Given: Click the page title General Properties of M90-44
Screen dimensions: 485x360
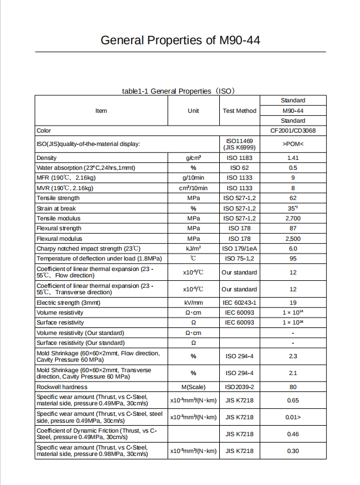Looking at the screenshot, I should tap(180, 40).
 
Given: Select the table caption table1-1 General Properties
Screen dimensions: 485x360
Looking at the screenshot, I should tap(179, 91).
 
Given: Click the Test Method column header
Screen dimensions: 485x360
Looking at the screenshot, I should tap(239, 110).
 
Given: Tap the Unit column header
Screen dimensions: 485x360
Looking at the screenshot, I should tap(193, 110).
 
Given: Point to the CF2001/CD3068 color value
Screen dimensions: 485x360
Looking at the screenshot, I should tap(293, 131).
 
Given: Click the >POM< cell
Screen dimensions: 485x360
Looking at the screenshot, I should tap(293, 144).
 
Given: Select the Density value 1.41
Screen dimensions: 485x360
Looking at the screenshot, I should tap(293, 158).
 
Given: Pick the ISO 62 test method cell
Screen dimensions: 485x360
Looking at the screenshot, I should tap(239, 167).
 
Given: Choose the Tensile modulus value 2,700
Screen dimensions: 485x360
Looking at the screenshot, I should tap(293, 218).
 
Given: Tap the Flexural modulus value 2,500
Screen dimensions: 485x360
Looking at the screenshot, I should tap(293, 238).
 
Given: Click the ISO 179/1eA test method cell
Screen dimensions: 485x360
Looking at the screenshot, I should tap(239, 248).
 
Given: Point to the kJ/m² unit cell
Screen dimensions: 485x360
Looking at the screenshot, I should tap(193, 248).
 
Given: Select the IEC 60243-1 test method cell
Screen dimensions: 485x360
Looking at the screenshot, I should tap(239, 302).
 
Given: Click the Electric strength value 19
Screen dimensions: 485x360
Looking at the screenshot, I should tap(293, 302).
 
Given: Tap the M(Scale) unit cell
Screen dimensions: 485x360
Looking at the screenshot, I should tap(193, 387).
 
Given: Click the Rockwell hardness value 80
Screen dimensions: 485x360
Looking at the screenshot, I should tap(293, 387).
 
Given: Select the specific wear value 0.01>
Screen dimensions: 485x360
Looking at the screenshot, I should tap(293, 417).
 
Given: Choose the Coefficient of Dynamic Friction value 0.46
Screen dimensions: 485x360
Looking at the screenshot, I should tap(293, 434).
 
